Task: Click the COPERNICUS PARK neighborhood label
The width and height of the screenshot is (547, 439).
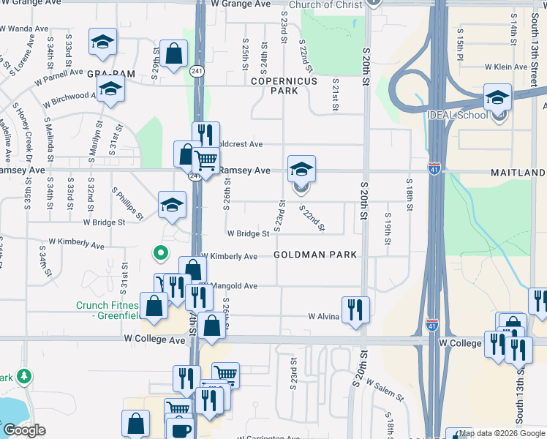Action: (x=284, y=86)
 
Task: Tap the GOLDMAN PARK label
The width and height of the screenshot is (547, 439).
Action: (x=316, y=255)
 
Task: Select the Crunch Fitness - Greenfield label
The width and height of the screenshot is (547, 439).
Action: (x=110, y=311)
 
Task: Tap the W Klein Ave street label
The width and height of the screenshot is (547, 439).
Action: (x=505, y=67)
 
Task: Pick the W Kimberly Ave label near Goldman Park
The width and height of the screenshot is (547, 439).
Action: (x=233, y=257)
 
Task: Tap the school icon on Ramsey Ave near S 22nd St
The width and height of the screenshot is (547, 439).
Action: (x=301, y=169)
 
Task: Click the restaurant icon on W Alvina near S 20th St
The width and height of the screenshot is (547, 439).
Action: (x=355, y=309)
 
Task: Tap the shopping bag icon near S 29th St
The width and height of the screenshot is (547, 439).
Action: (x=174, y=53)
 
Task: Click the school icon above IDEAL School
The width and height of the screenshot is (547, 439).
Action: (x=497, y=98)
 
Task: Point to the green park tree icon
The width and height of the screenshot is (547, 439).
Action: (x=26, y=376)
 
